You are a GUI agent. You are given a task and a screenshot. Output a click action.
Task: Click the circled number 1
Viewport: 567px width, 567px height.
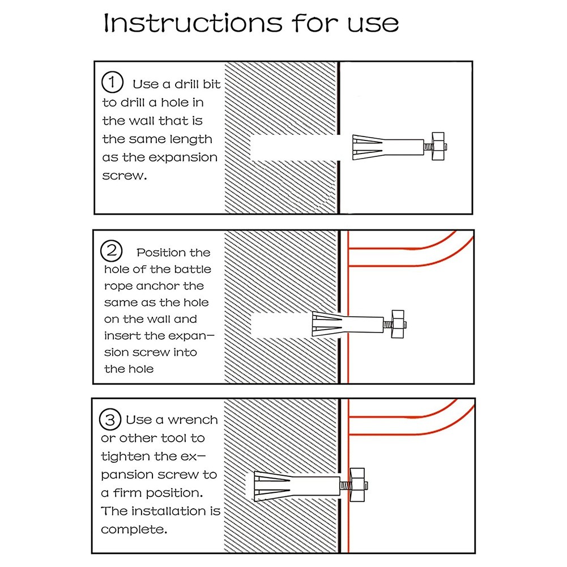click(x=112, y=83)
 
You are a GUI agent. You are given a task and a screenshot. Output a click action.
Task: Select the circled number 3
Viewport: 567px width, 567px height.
click(x=110, y=420)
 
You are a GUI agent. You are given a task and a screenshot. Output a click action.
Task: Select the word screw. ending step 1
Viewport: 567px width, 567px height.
click(x=124, y=176)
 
